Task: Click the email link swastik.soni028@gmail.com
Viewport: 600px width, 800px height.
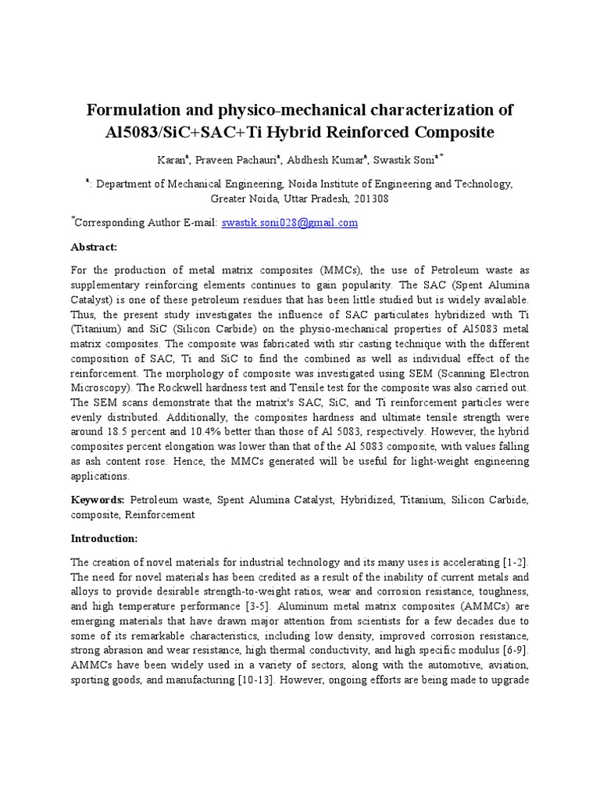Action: click(290, 223)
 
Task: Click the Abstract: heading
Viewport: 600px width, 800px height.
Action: click(94, 247)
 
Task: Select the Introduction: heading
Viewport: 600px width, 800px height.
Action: click(104, 539)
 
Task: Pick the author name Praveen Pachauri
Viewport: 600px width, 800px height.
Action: click(229, 159)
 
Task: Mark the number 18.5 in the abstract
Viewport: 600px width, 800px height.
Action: click(126, 432)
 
